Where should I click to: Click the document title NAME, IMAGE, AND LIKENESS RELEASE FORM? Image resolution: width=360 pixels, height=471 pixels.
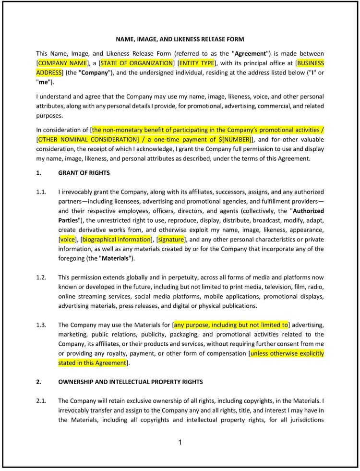pyautogui.click(x=180, y=39)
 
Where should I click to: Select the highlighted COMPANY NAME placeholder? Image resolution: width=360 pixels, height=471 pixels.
pyautogui.click(x=63, y=63)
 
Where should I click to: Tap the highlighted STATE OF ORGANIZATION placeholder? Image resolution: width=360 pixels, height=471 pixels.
pyautogui.click(x=136, y=63)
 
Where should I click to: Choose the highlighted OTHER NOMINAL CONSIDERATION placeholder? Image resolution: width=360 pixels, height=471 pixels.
pyautogui.click(x=89, y=140)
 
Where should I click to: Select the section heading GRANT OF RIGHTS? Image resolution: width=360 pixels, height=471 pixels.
pyautogui.click(x=84, y=173)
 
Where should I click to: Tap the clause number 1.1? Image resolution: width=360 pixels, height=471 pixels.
pyautogui.click(x=41, y=192)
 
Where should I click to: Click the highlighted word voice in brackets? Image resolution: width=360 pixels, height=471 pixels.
pyautogui.click(x=68, y=240)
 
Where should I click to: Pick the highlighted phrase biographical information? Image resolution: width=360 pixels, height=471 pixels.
pyautogui.click(x=117, y=240)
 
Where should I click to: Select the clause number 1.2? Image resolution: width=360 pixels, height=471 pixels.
pyautogui.click(x=41, y=278)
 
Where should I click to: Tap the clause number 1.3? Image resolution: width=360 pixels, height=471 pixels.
pyautogui.click(x=41, y=325)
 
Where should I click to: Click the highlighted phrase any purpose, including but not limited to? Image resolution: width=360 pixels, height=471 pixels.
pyautogui.click(x=231, y=325)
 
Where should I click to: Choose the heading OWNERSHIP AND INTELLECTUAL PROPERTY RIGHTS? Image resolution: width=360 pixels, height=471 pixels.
pyautogui.click(x=131, y=382)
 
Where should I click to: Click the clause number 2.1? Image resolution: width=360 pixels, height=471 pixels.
pyautogui.click(x=41, y=401)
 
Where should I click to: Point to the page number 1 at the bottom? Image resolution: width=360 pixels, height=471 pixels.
pyautogui.click(x=180, y=443)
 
